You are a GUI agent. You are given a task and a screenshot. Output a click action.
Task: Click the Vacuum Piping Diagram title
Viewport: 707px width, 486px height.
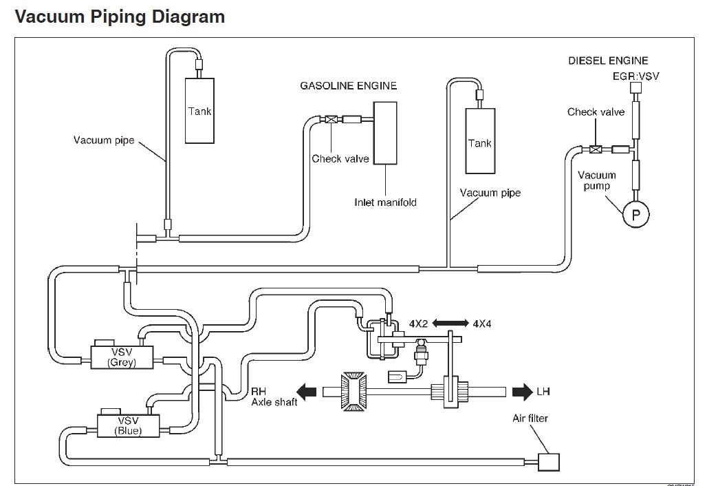120,17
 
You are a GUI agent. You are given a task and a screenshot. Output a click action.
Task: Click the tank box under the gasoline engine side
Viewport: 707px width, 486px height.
199,111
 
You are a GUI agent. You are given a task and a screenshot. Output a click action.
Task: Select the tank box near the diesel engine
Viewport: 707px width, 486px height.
480,141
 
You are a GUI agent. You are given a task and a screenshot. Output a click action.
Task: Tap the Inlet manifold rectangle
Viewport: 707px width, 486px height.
386,133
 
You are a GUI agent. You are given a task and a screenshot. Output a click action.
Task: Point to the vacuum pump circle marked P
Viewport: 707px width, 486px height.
635,214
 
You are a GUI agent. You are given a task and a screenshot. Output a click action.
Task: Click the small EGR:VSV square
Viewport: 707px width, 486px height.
635,87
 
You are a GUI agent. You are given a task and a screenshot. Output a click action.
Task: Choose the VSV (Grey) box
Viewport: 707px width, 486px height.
122,357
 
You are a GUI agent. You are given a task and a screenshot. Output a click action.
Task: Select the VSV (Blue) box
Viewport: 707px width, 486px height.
129,425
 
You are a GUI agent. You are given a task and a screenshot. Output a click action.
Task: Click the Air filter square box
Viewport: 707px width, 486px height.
549,462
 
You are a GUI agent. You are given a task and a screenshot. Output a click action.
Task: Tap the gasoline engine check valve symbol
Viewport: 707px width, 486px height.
331,120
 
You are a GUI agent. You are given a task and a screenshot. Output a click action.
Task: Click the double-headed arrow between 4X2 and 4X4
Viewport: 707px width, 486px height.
450,323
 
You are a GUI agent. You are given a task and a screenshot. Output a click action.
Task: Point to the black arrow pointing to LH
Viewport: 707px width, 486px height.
523,391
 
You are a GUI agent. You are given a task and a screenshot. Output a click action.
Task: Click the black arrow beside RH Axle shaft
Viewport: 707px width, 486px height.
306,391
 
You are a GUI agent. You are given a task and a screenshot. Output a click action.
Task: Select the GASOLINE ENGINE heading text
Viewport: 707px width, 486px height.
349,86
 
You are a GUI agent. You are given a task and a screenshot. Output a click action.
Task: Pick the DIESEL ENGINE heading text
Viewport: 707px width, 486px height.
608,61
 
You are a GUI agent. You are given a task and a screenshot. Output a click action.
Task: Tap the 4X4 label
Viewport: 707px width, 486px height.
482,324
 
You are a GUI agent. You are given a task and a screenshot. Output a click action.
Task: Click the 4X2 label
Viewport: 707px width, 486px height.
418,324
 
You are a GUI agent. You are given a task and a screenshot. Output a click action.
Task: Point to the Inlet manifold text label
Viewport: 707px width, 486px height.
386,202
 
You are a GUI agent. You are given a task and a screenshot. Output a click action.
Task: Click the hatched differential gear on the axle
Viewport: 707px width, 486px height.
354,391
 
